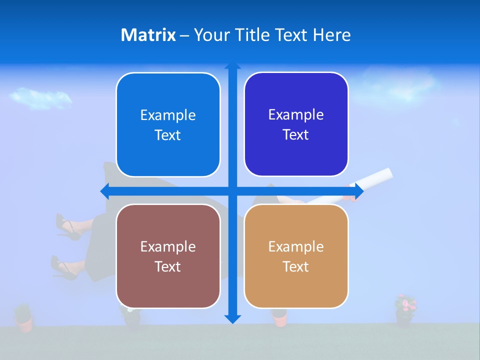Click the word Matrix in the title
(x=148, y=35)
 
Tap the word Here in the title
(x=332, y=35)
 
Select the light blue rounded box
(x=168, y=125)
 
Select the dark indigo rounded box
(x=296, y=124)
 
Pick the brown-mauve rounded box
(x=168, y=256)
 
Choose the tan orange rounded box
(x=296, y=256)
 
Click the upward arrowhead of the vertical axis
(x=232, y=66)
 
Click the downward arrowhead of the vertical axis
(x=232, y=318)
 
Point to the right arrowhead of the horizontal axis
(x=359, y=191)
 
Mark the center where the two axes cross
(x=232, y=191)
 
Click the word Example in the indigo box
(x=296, y=114)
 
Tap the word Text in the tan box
(x=296, y=266)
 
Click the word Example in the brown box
(x=168, y=246)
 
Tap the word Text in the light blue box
(x=168, y=135)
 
